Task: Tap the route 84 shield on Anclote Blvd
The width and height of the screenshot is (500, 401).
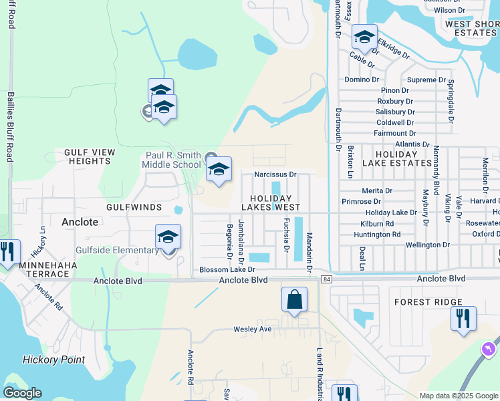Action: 326,279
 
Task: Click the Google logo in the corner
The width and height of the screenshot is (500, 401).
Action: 23,393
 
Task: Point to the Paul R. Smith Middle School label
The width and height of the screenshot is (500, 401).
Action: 173,160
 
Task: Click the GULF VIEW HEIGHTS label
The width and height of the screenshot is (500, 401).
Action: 88,156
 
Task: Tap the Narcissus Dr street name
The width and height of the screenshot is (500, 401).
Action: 275,174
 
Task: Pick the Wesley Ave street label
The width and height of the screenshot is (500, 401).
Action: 252,329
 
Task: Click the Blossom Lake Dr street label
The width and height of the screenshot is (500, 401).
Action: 227,269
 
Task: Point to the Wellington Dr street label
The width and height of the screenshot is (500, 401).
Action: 427,245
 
